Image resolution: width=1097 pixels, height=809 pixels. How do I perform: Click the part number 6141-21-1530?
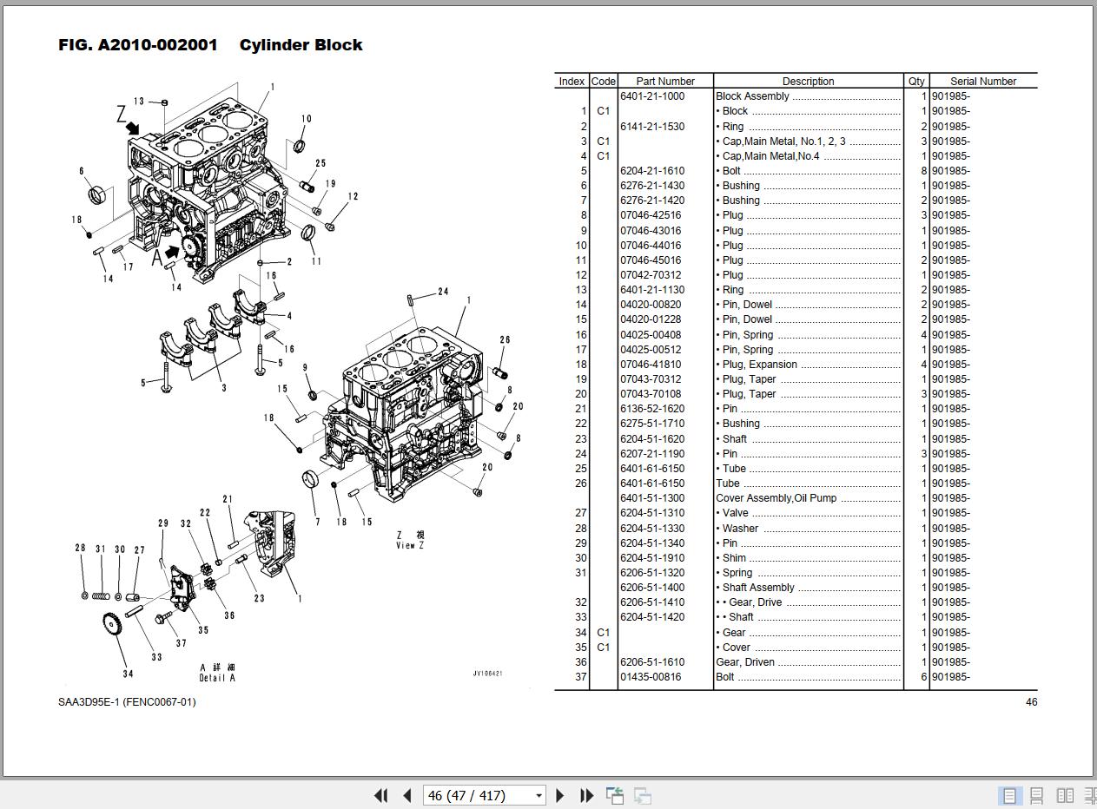coord(652,126)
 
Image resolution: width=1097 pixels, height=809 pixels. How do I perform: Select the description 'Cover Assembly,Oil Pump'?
coord(776,498)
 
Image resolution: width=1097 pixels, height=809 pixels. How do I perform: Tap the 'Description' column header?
coord(808,81)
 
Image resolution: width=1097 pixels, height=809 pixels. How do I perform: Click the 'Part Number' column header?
coord(665,81)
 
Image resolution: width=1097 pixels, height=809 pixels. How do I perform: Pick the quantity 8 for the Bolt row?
coord(923,171)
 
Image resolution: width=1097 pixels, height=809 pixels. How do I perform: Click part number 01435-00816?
coord(651,676)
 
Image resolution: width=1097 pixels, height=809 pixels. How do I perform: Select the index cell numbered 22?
coord(581,424)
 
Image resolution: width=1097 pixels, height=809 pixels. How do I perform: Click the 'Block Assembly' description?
coord(752,96)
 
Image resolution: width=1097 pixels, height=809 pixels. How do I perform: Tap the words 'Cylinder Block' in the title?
coord(301,45)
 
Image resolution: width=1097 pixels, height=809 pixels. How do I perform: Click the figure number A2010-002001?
coord(158,45)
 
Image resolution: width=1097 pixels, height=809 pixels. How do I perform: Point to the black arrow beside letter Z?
coord(133,128)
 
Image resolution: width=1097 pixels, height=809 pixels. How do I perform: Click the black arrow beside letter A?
coord(172,252)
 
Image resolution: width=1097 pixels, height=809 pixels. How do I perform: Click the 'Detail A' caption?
coord(217,678)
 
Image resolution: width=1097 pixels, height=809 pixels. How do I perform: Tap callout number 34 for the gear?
coord(128,674)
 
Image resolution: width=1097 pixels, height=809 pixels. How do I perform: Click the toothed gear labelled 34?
coord(112,626)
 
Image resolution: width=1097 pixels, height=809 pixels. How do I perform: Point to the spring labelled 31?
coord(101,596)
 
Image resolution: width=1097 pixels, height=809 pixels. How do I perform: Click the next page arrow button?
coord(559,796)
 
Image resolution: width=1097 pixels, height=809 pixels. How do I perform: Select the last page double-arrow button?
coord(586,796)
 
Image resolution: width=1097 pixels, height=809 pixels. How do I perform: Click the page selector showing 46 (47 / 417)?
coord(484,795)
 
